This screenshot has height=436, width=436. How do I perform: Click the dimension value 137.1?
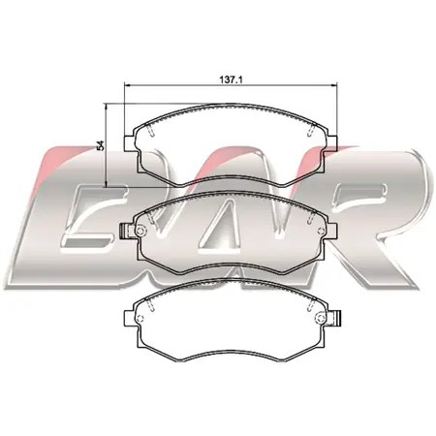(x=231, y=79)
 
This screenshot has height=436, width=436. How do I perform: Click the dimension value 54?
(x=101, y=145)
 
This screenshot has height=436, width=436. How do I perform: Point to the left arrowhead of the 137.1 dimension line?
(x=127, y=85)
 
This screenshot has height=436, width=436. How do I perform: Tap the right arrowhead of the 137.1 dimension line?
(x=333, y=85)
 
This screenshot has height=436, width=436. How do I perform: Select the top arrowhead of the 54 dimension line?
(x=106, y=107)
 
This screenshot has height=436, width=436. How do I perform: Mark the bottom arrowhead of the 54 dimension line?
(x=106, y=184)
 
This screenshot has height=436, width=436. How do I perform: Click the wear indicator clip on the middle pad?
(x=123, y=232)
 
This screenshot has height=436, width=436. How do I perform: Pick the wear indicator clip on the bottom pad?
(x=338, y=318)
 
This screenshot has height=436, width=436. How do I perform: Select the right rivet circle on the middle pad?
(x=321, y=231)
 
